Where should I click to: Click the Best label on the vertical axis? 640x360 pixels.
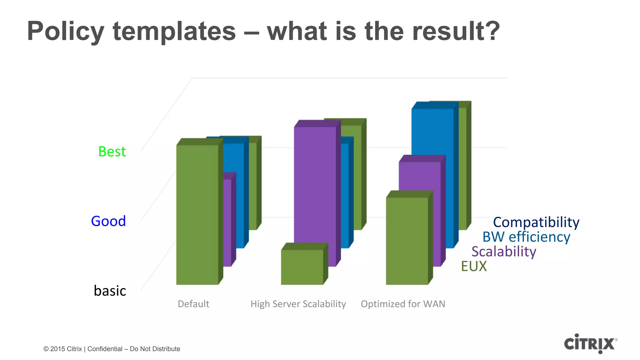[112, 152]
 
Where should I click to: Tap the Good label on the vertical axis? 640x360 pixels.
[108, 221]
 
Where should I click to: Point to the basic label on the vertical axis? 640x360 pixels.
[110, 291]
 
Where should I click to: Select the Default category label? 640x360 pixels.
[193, 304]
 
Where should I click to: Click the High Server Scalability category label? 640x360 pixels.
[298, 304]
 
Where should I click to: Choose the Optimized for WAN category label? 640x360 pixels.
[403, 304]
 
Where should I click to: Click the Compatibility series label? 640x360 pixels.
[536, 222]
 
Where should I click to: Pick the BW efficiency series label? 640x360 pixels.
[526, 237]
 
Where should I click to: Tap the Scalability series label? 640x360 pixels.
[504, 252]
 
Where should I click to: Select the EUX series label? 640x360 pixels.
[474, 266]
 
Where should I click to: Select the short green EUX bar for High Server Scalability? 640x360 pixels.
[302, 267]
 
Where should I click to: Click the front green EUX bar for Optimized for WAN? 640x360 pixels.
[407, 241]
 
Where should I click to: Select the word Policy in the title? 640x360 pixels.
[66, 31]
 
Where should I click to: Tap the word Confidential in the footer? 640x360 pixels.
[105, 349]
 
